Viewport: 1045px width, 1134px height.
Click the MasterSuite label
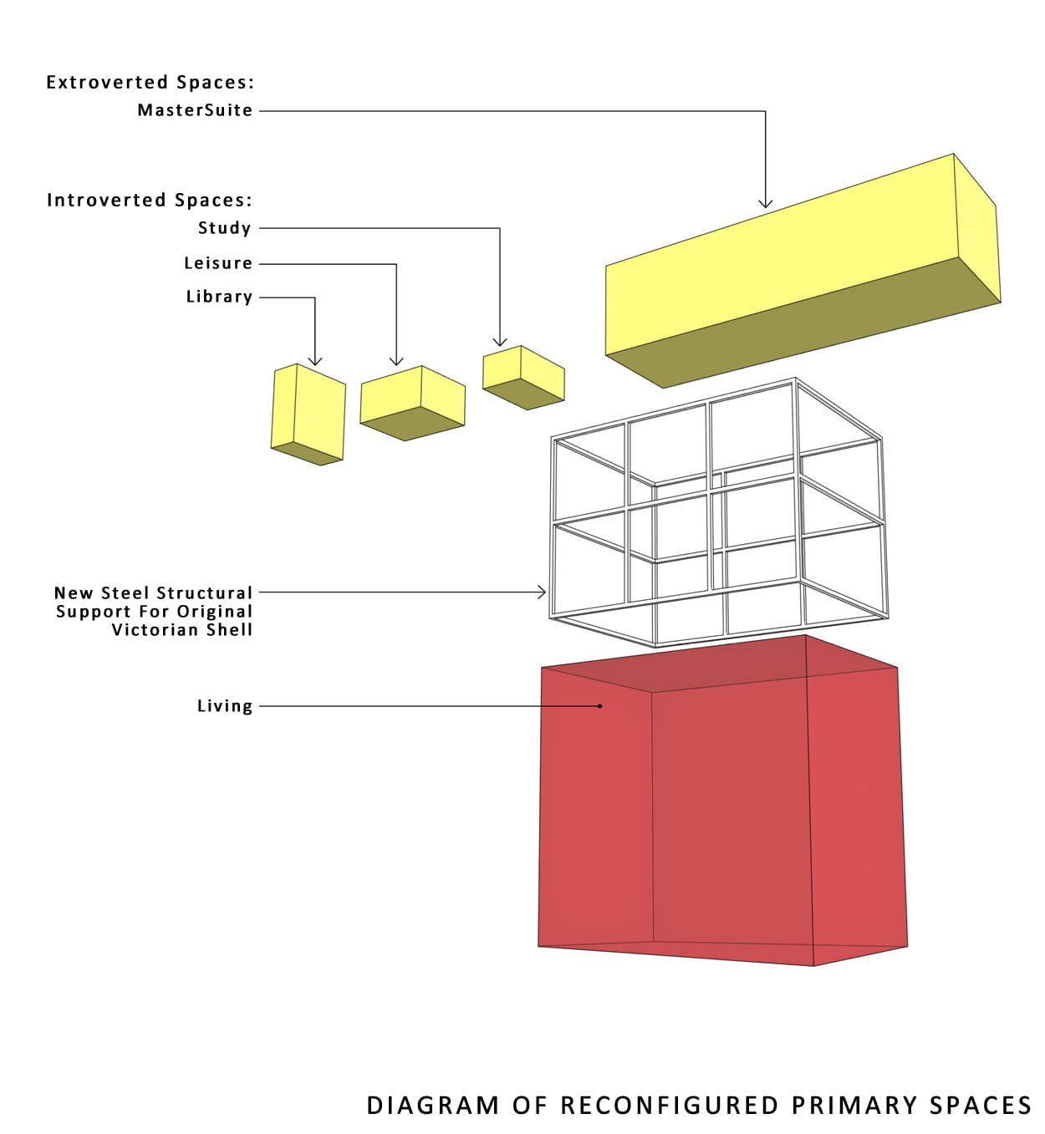(195, 110)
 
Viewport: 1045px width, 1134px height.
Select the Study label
(224, 228)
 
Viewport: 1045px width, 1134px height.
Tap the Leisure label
(218, 263)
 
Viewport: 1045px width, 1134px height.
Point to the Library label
(219, 297)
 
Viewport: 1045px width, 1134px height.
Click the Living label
(224, 706)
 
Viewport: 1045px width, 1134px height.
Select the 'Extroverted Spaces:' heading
(150, 82)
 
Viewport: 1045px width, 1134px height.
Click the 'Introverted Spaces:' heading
(149, 200)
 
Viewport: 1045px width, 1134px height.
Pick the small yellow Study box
(522, 377)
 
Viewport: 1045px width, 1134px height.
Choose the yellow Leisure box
(411, 402)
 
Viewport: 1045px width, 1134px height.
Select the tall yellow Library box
(308, 414)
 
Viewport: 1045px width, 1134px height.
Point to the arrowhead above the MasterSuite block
(765, 203)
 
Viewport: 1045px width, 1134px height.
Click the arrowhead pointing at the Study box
(500, 341)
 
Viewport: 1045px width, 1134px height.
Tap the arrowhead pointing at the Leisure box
(396, 360)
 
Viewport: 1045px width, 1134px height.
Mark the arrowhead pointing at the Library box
(315, 360)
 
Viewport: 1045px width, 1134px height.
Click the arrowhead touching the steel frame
(542, 592)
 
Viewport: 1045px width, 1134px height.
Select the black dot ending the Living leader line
(600, 706)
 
